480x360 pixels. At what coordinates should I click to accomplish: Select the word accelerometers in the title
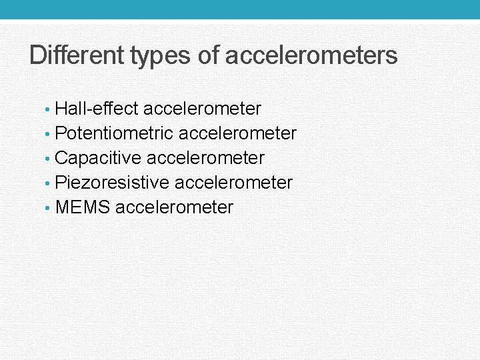(311, 55)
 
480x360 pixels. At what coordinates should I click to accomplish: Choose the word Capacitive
(99, 159)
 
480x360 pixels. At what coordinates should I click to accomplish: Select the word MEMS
(83, 207)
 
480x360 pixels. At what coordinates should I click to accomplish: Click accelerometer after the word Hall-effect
(202, 109)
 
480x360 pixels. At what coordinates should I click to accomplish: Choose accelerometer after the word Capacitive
(205, 159)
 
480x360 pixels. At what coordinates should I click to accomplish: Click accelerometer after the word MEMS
(175, 207)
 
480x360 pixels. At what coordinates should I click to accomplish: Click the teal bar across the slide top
(240, 9)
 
